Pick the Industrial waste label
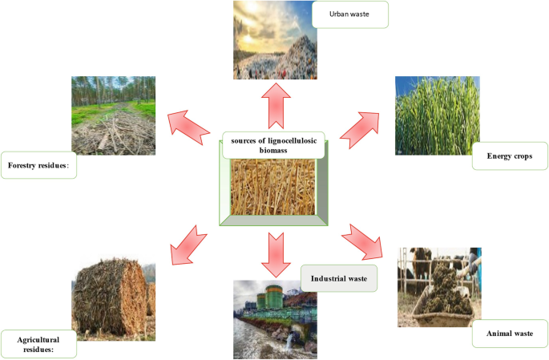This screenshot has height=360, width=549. coord(338,279)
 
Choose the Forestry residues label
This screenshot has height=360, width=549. coord(38,166)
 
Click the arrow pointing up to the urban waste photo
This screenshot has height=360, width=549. coord(273,103)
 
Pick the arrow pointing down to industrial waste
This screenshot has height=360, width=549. coord(273,252)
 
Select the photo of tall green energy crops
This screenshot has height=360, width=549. coord(437,115)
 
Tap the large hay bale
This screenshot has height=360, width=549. coord(110,297)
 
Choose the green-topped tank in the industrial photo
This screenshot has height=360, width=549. coord(275,295)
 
